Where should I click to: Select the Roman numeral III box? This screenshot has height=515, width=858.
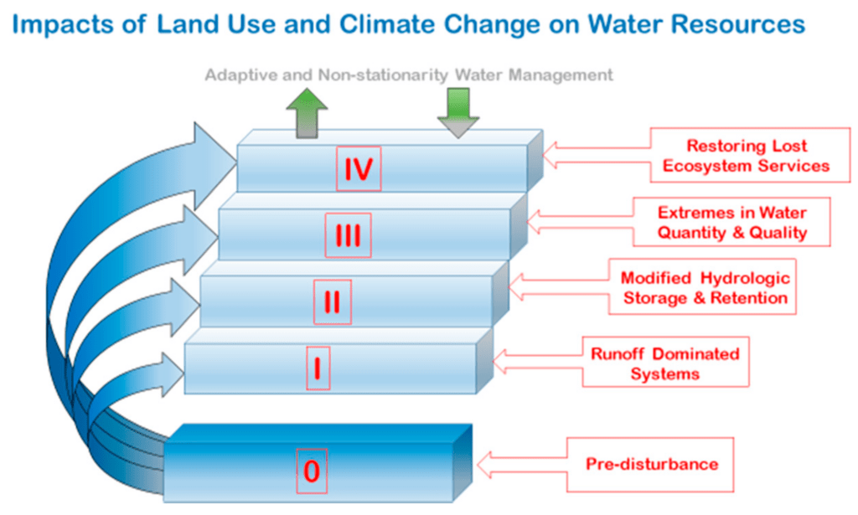[x=347, y=235]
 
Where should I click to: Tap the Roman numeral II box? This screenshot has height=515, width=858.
[x=332, y=302]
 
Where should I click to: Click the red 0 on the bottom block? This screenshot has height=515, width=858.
[x=312, y=471]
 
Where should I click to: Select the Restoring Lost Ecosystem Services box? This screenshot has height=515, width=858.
[x=745, y=156]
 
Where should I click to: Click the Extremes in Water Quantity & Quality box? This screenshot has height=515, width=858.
[x=731, y=222]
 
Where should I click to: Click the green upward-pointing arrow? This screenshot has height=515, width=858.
[x=303, y=115]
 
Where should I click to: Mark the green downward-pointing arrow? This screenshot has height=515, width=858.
[x=457, y=112]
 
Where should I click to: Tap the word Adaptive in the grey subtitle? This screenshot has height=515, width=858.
[x=240, y=75]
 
